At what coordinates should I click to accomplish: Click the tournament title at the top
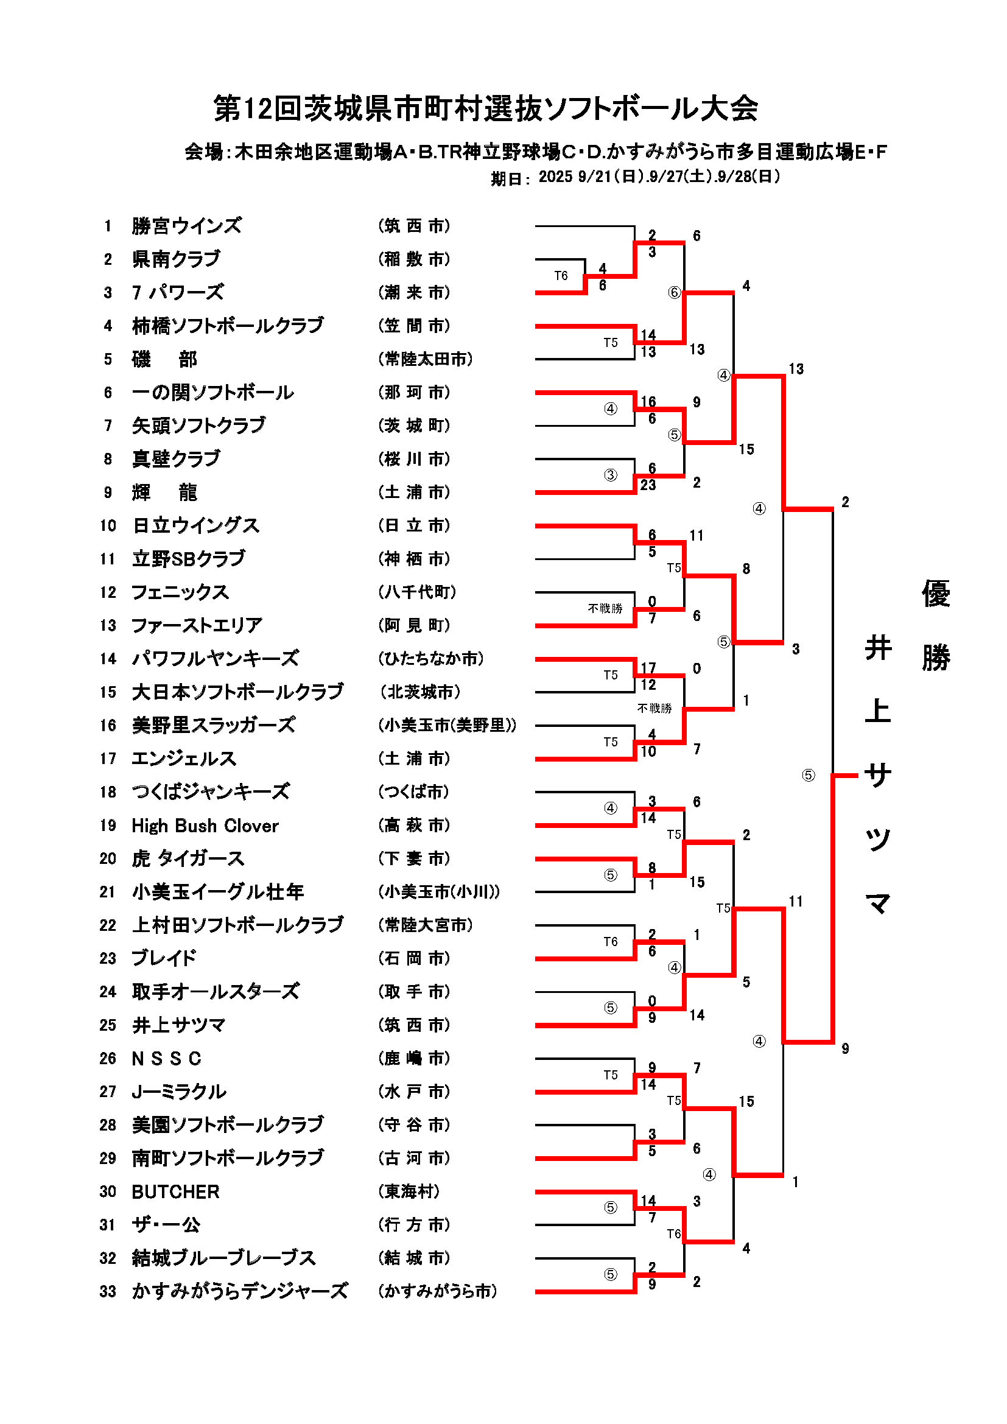coord(485,108)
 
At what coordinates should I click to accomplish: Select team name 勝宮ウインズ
coord(187,226)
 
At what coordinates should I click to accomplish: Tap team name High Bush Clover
coord(205,826)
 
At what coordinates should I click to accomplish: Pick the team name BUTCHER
coord(175,1191)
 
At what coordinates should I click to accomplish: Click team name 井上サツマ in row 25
coord(178,1025)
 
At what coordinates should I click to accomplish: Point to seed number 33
coord(108,1291)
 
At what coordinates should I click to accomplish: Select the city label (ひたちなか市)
coord(431,659)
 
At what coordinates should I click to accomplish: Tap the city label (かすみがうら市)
coord(438,1291)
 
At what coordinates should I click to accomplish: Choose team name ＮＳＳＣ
coord(167,1059)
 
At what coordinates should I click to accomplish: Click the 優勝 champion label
coord(936,625)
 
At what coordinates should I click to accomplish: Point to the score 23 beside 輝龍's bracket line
coord(648,485)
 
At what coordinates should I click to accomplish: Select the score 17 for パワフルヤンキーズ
coord(648,667)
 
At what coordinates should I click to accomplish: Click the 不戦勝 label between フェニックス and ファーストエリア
coord(605,608)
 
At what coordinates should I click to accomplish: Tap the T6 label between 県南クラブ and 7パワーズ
coord(561,276)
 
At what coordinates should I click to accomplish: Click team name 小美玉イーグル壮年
coord(217,892)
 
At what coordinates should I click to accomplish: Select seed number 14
coord(108,659)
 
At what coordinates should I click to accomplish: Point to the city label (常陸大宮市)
coord(426,925)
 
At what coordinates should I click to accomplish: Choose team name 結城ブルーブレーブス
coord(224,1258)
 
